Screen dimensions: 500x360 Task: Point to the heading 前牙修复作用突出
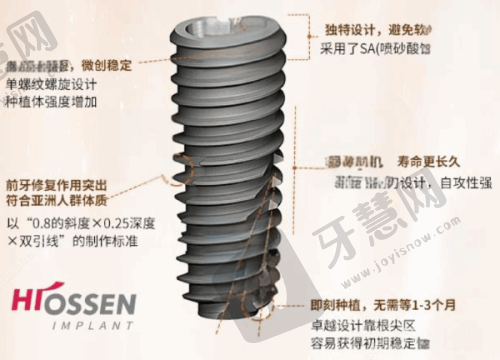click(x=58, y=184)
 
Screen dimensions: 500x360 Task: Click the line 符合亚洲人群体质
click(x=58, y=202)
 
